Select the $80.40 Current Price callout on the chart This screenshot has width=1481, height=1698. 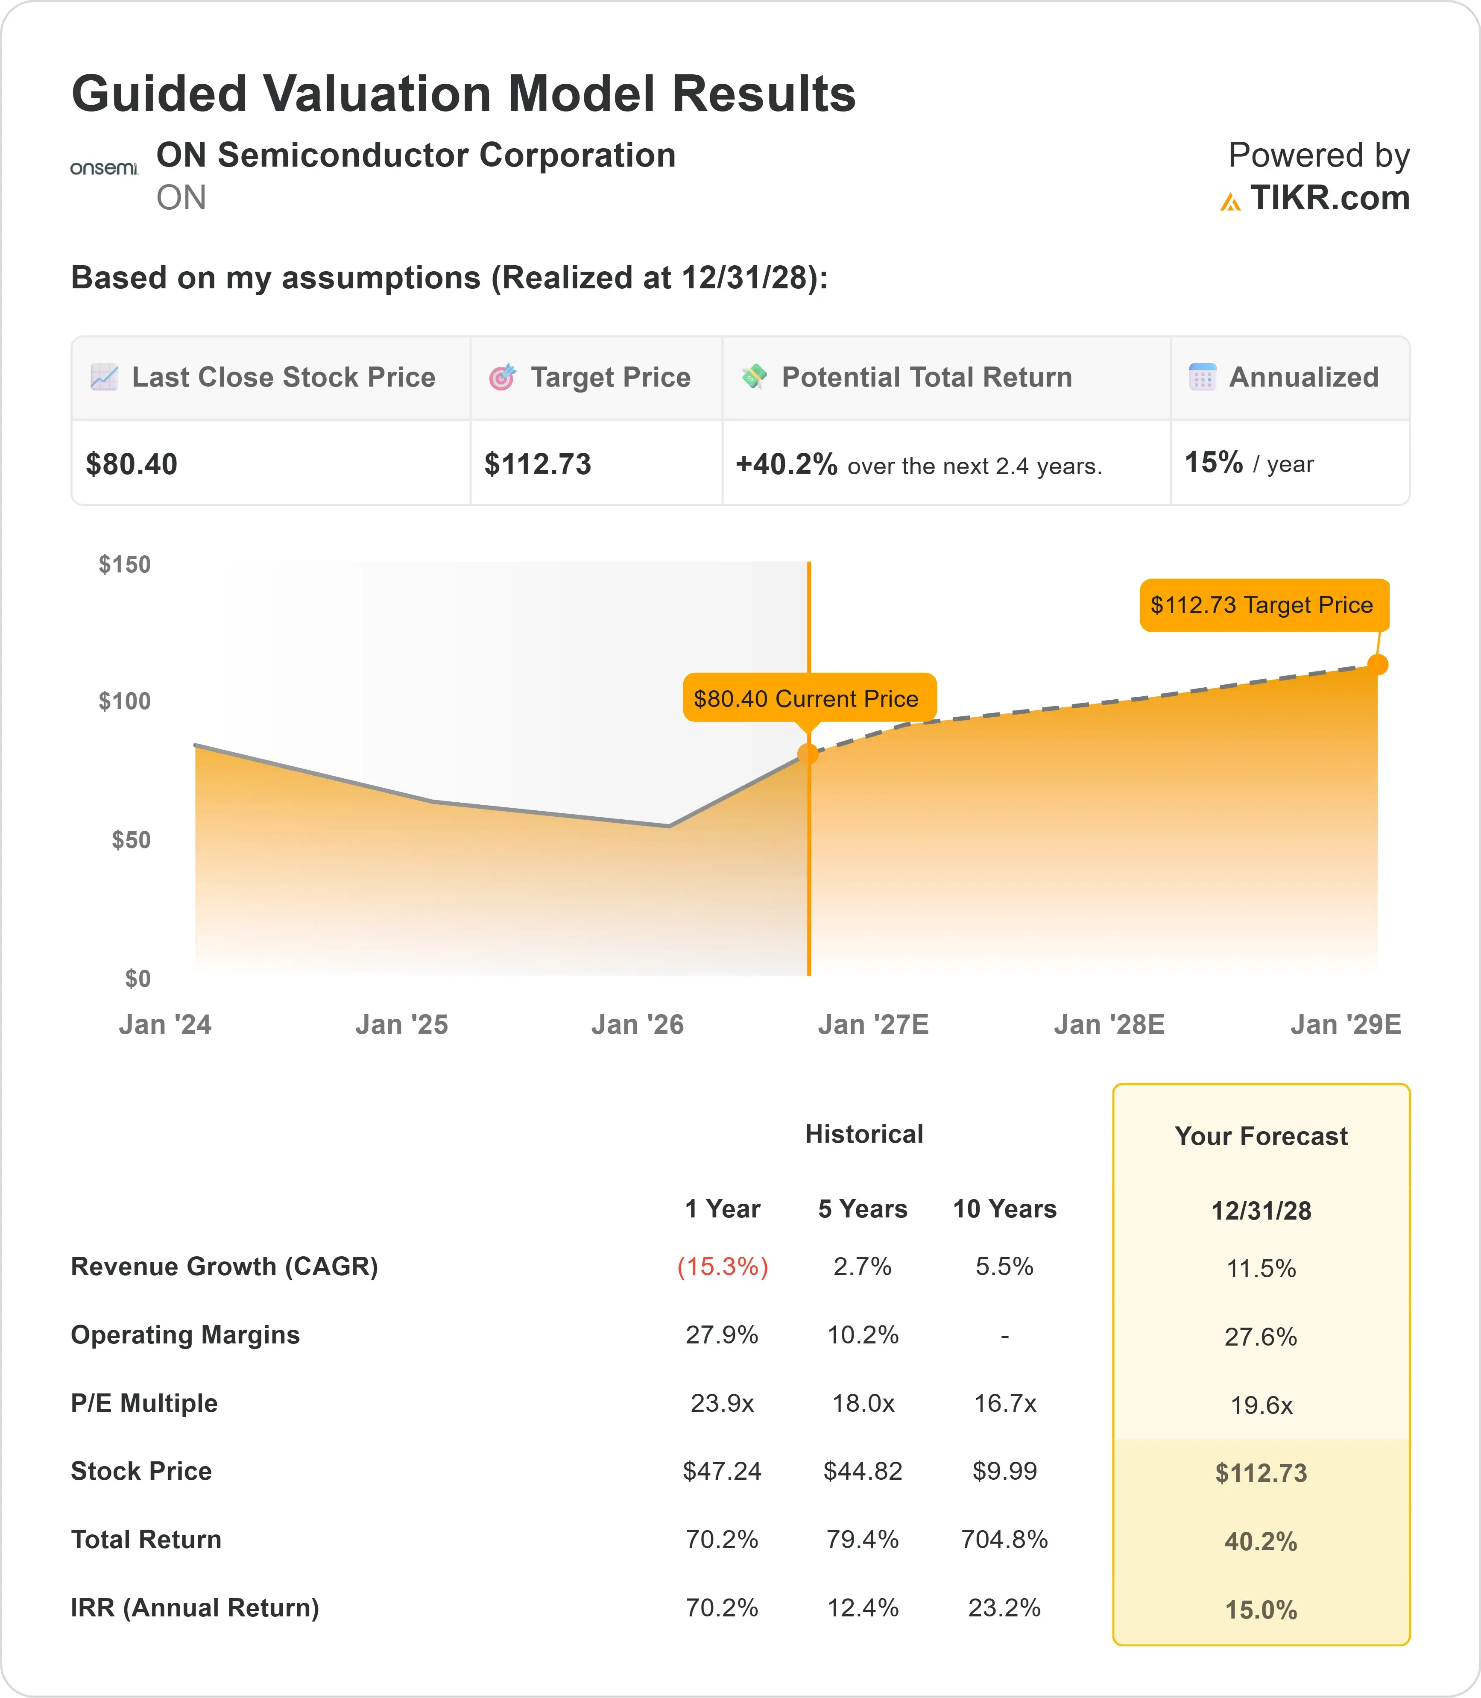[809, 698]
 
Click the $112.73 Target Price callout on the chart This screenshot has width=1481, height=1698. [1264, 605]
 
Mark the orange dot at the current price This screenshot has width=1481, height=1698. [808, 754]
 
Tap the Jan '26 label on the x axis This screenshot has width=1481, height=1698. [637, 1025]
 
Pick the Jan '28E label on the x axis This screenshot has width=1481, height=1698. [1109, 1025]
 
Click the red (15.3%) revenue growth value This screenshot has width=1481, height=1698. [722, 1267]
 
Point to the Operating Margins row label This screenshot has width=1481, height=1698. [185, 1335]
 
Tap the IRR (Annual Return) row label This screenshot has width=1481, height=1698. [195, 1608]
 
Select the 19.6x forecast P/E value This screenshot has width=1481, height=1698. [1261, 1405]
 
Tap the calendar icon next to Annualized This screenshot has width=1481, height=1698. [1203, 377]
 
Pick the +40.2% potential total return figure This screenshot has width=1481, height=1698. [787, 465]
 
